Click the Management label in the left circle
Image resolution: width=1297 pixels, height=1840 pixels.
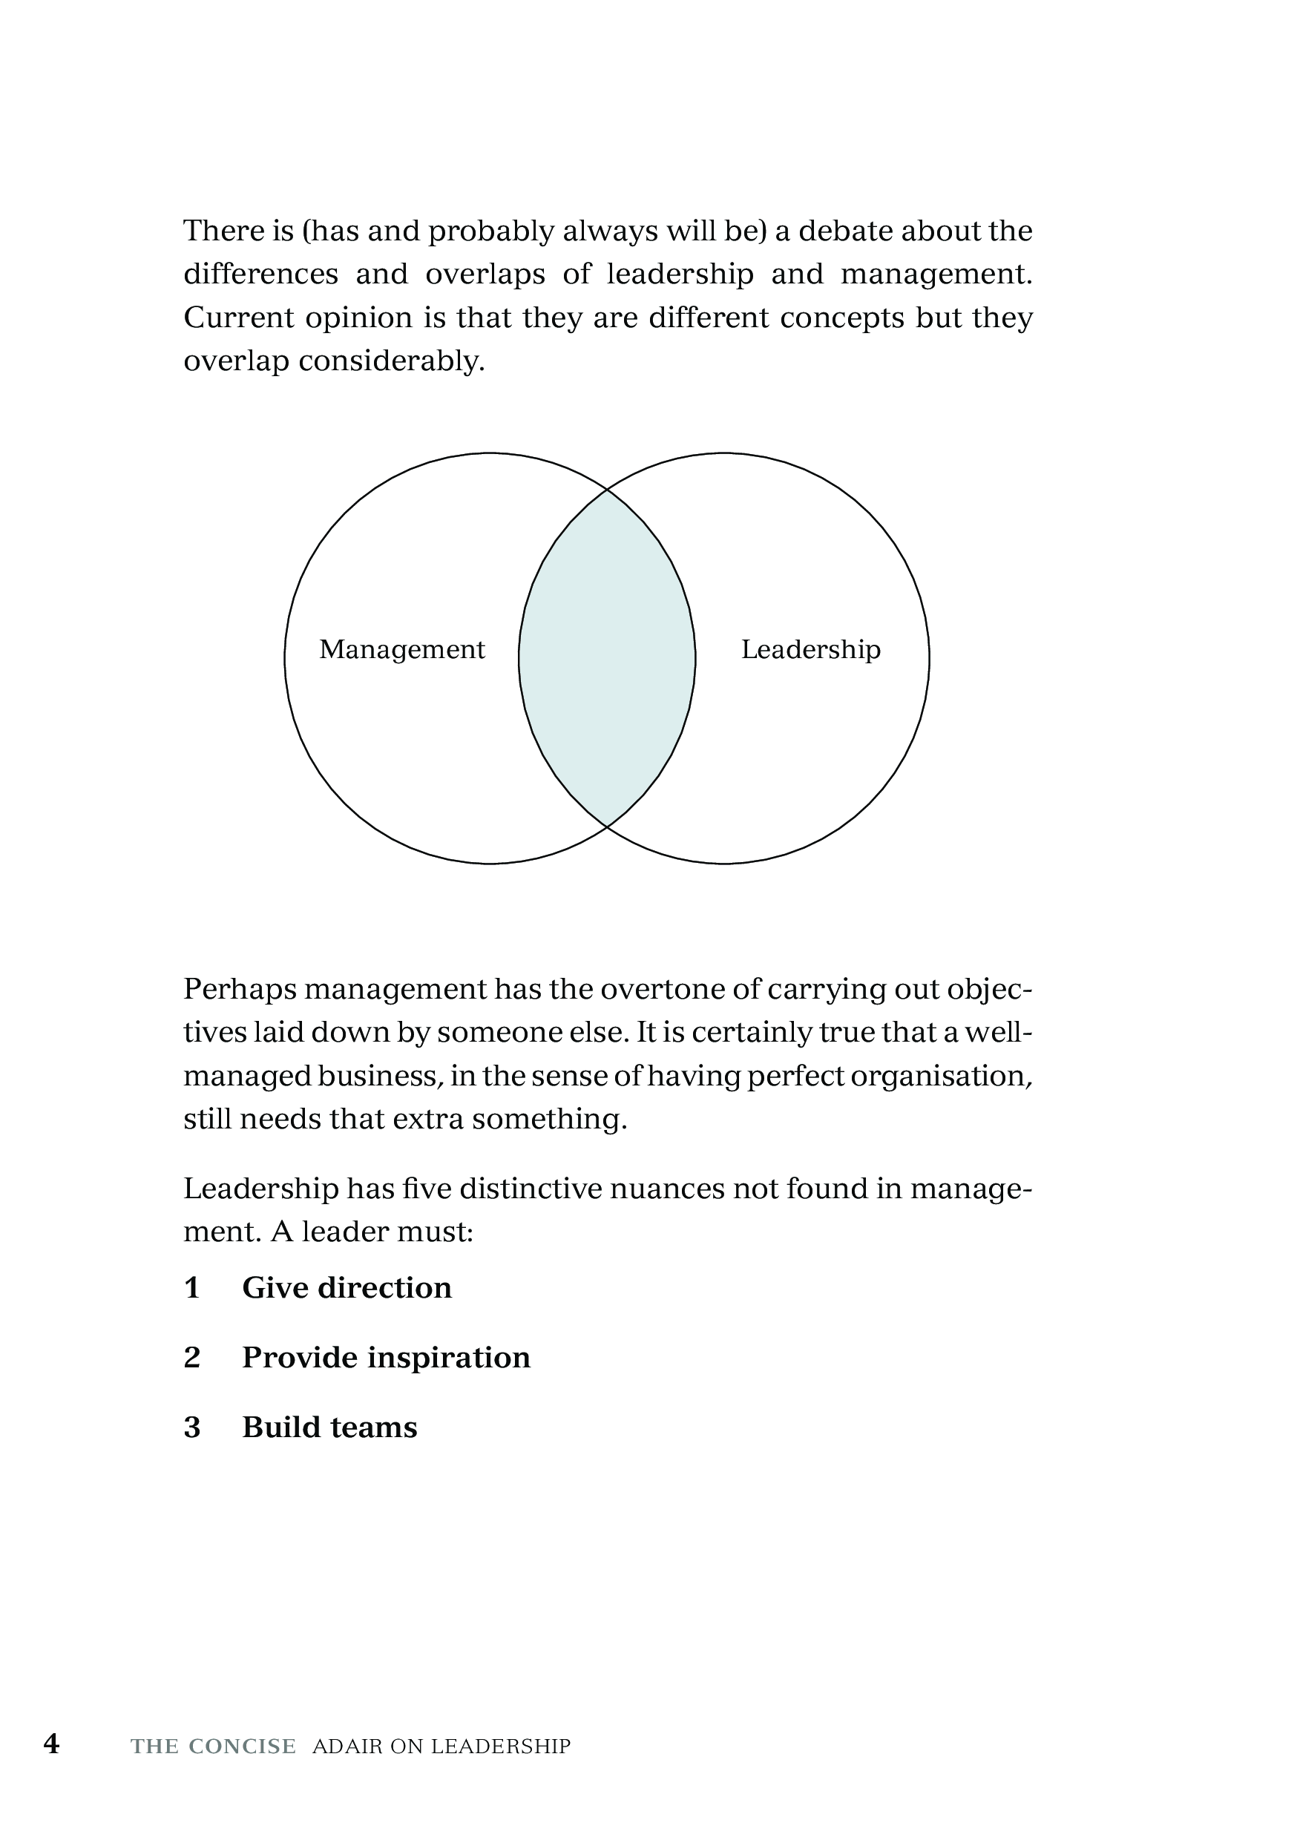pos(401,649)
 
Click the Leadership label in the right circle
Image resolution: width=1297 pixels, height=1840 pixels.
pos(810,649)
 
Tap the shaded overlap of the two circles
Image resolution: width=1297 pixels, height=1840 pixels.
pos(607,658)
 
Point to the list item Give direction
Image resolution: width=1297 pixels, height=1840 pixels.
pos(347,1288)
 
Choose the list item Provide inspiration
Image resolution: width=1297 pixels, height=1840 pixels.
pos(386,1358)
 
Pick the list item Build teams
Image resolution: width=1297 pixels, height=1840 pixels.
pos(329,1427)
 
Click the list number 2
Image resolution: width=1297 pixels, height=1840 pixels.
pos(191,1358)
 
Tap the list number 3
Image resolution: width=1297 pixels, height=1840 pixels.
pos(191,1427)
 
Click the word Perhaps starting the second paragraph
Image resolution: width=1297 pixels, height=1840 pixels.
pos(239,990)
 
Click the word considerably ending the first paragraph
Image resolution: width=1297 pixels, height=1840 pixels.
pos(392,361)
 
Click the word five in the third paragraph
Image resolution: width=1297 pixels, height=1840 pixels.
pos(424,1189)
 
